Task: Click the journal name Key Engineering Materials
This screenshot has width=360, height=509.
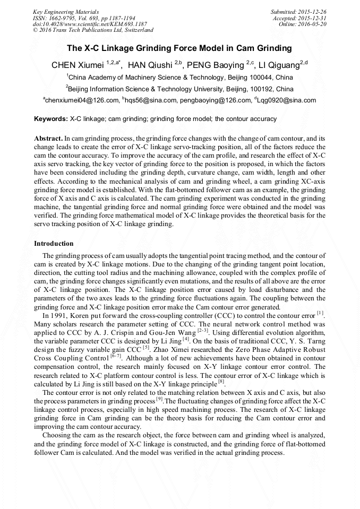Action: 66,11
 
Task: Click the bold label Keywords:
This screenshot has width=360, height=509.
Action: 51,119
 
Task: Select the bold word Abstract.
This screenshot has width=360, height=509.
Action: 48,137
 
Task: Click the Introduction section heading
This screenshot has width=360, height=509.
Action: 54,243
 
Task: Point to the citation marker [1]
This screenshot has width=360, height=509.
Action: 320,313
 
